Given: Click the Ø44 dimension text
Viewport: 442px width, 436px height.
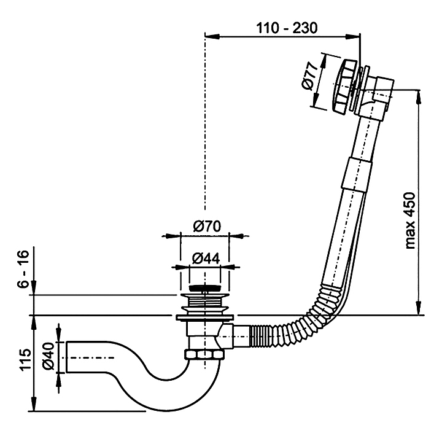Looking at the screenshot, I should click(x=205, y=259).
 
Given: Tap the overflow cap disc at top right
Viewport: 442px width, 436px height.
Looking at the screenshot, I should click(x=339, y=85).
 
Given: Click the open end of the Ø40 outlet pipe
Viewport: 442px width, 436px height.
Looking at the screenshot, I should click(x=69, y=357).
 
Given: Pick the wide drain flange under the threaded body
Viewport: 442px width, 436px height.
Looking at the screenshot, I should click(x=204, y=317).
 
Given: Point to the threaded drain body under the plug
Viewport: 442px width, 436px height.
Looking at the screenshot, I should click(x=204, y=302).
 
